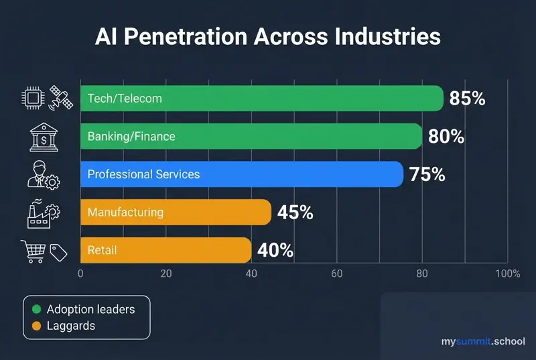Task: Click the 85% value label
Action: click(x=467, y=99)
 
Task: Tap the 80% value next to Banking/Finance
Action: click(x=447, y=137)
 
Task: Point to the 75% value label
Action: click(x=427, y=174)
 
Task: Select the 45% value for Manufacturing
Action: click(x=295, y=213)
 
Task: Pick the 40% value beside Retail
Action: click(x=275, y=250)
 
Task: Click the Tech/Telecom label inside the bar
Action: click(x=125, y=99)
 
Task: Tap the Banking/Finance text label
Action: click(x=131, y=137)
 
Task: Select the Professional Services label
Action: click(x=143, y=174)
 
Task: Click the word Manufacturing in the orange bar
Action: click(x=125, y=213)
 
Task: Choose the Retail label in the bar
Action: click(x=102, y=250)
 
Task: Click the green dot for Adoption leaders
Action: click(x=37, y=309)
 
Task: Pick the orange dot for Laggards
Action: click(x=37, y=326)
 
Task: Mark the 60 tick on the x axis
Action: click(x=336, y=274)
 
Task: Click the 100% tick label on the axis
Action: click(x=507, y=274)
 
